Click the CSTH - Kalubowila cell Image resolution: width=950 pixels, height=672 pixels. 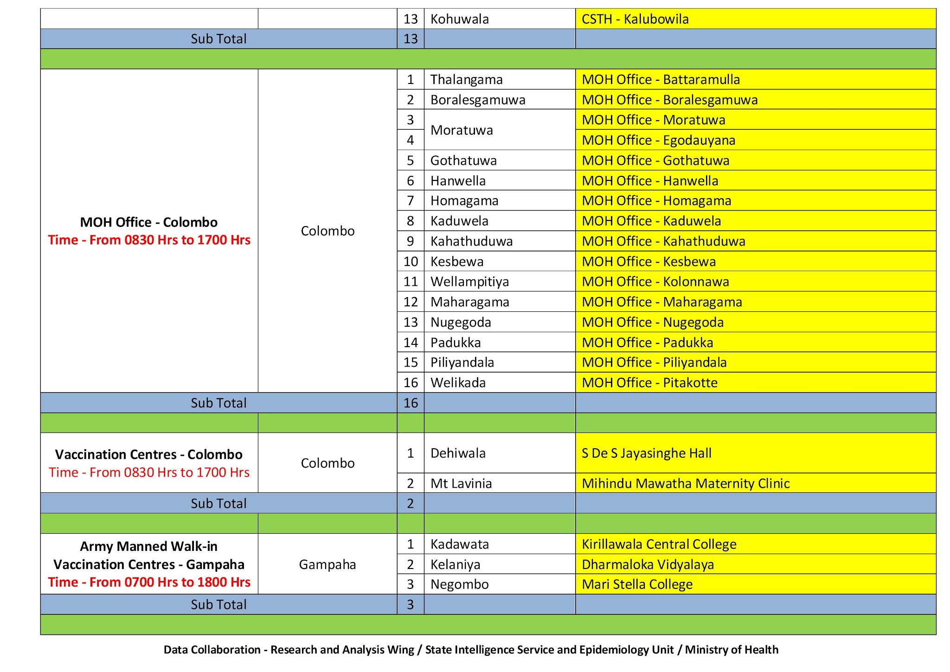click(x=635, y=19)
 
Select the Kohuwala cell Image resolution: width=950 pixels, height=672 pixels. click(x=459, y=19)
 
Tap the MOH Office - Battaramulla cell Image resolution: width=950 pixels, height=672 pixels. click(x=661, y=79)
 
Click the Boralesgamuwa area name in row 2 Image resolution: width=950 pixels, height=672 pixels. click(x=477, y=100)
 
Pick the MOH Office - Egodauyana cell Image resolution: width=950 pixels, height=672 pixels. click(x=658, y=140)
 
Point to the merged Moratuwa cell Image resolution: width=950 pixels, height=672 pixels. click(x=461, y=130)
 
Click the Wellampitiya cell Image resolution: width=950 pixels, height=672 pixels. click(x=469, y=282)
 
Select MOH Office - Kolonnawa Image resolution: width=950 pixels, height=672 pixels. click(x=655, y=282)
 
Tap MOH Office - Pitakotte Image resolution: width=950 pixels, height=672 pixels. click(x=649, y=383)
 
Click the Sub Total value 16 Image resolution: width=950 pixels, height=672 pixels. click(x=411, y=403)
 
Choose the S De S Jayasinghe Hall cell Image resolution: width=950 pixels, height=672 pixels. click(x=646, y=453)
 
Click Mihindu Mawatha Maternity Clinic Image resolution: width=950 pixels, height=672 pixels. click(x=685, y=484)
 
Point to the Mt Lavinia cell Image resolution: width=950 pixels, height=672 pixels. click(x=461, y=484)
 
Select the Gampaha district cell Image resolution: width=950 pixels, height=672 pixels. click(x=327, y=564)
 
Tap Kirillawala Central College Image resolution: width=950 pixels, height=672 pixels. click(x=659, y=544)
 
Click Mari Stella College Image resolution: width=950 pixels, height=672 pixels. click(x=637, y=584)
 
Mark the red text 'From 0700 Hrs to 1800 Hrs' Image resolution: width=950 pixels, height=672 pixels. click(x=170, y=582)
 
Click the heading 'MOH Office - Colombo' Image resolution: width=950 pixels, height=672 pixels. click(x=149, y=222)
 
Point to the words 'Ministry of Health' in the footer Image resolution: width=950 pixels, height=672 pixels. click(x=732, y=650)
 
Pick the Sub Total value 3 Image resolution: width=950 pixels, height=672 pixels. click(x=411, y=605)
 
